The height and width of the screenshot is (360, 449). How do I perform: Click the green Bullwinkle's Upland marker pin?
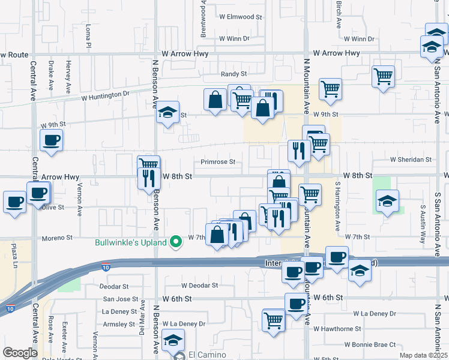[x=176, y=242]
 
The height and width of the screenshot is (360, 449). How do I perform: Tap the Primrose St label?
[x=218, y=162]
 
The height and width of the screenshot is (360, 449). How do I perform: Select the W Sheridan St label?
[x=411, y=160]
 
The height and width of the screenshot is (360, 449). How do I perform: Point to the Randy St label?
[x=234, y=74]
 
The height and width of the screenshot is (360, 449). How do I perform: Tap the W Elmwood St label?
[x=241, y=17]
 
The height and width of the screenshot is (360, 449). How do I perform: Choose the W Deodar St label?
[x=199, y=286]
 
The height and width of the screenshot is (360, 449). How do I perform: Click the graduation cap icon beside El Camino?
[x=173, y=340]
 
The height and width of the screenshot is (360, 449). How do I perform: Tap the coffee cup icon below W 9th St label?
[x=51, y=140]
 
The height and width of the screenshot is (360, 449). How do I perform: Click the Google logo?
[x=20, y=353]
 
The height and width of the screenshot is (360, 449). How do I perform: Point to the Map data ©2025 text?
[x=423, y=355]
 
